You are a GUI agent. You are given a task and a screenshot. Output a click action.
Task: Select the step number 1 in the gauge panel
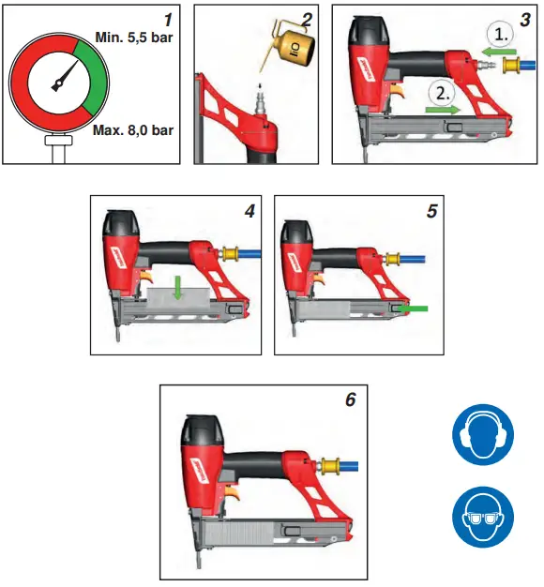pyautogui.click(x=167, y=17)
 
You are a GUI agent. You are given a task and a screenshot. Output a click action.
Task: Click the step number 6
pyautogui.click(x=350, y=399)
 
